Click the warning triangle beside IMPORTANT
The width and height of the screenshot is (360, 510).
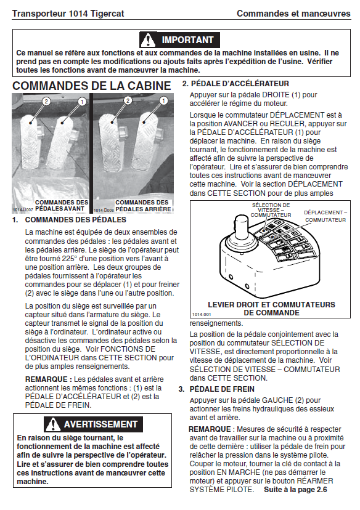click(x=148, y=40)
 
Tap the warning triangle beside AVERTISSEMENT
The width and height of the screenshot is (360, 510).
click(x=53, y=424)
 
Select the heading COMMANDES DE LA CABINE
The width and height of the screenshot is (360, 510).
click(x=91, y=86)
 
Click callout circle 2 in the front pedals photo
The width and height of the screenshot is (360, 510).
click(x=46, y=102)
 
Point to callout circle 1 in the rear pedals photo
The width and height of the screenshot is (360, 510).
click(x=163, y=101)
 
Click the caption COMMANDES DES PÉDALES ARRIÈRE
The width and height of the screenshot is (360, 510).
click(x=143, y=206)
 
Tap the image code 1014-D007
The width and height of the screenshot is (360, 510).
click(x=23, y=210)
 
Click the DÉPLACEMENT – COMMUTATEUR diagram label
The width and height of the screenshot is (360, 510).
click(x=325, y=216)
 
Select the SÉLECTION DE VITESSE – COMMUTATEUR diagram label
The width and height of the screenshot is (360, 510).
click(x=271, y=210)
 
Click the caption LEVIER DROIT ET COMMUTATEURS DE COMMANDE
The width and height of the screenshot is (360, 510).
click(x=271, y=309)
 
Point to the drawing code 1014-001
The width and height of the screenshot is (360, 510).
click(x=202, y=315)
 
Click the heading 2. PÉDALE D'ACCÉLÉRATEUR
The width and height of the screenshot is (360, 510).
click(x=235, y=84)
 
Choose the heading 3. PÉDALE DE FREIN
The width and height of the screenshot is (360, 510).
click(x=216, y=389)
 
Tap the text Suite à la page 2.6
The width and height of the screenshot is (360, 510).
click(x=295, y=490)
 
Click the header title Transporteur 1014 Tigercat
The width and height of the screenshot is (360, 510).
click(x=68, y=14)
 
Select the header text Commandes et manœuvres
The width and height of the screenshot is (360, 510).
click(x=293, y=14)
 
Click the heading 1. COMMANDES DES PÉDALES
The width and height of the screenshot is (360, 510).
click(x=69, y=220)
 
